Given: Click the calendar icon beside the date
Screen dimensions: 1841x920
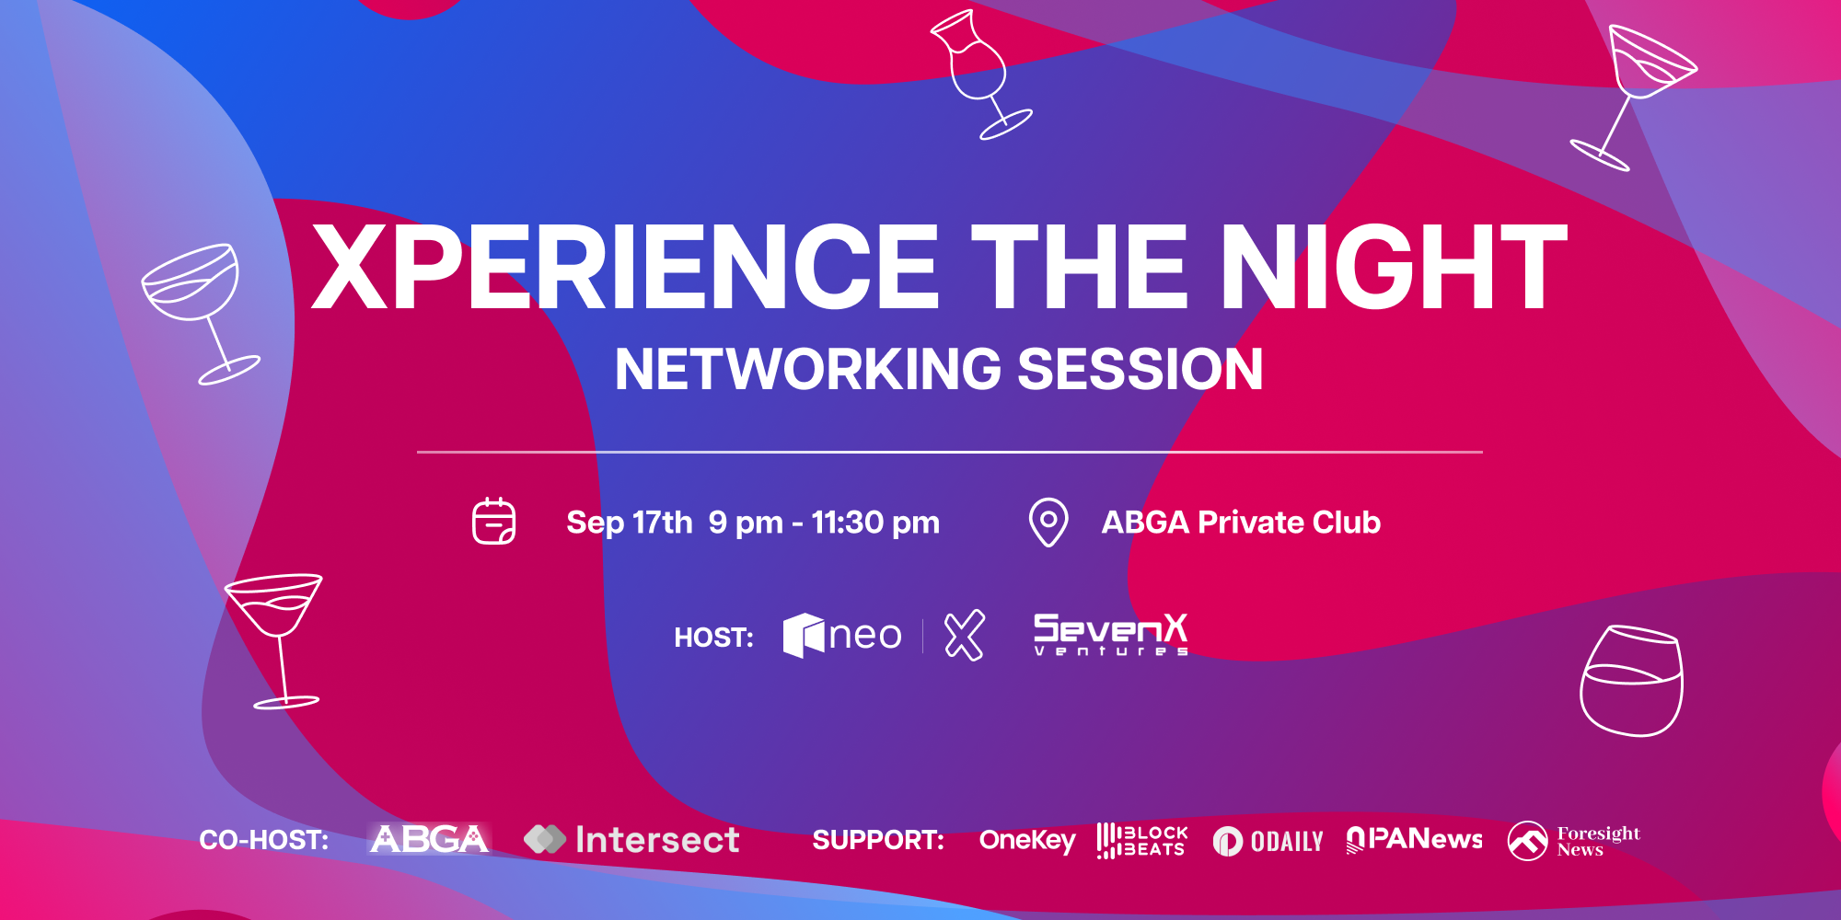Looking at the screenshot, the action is click(x=493, y=522).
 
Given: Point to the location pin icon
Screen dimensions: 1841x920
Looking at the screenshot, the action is click(x=1048, y=522).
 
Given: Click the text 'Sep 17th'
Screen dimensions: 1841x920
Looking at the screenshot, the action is click(x=629, y=523).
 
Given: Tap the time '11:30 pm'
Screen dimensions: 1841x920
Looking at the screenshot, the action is click(x=875, y=523).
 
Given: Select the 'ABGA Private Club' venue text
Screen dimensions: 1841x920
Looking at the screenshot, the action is click(x=1241, y=523).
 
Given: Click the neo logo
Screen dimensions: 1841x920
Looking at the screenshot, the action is click(x=842, y=635).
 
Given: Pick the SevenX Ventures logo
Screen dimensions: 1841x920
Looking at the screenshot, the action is click(x=1111, y=635).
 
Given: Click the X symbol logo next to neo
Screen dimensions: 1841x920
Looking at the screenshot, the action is click(x=964, y=635).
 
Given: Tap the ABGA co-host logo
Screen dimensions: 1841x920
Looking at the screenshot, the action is click(x=429, y=839).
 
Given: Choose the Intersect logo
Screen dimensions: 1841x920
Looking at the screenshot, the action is click(x=631, y=839).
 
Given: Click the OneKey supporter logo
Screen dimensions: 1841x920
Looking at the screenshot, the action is click(x=1027, y=840).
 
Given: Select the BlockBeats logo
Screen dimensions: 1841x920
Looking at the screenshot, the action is click(x=1142, y=840).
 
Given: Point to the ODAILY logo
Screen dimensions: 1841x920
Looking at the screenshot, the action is click(x=1268, y=841).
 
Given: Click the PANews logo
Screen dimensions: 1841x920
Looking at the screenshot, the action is click(x=1415, y=839).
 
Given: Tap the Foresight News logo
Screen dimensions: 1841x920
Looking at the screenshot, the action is click(x=1574, y=841).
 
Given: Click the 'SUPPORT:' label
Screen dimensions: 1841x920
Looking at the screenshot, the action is click(x=878, y=840).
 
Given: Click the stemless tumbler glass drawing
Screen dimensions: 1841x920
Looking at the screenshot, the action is click(x=1631, y=681).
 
